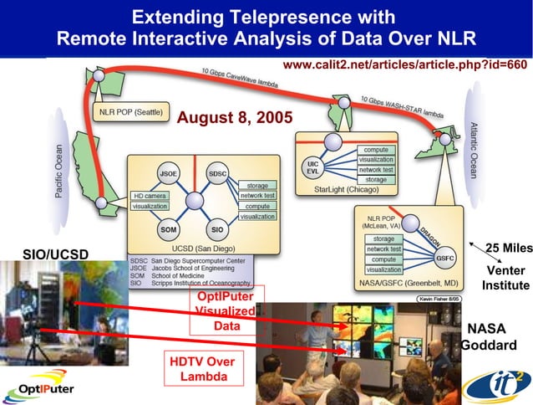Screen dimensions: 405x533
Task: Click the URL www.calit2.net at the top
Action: click(405, 64)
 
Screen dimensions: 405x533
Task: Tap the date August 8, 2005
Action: click(235, 118)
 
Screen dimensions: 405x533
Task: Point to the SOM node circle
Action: click(167, 228)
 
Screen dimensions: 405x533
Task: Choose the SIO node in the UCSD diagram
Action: click(216, 228)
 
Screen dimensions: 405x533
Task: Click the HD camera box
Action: click(149, 196)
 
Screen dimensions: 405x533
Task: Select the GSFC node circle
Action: click(444, 259)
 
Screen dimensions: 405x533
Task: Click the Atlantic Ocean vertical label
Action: click(474, 151)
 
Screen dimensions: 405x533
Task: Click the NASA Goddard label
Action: click(488, 337)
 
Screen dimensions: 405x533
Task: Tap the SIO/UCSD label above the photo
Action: click(55, 254)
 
